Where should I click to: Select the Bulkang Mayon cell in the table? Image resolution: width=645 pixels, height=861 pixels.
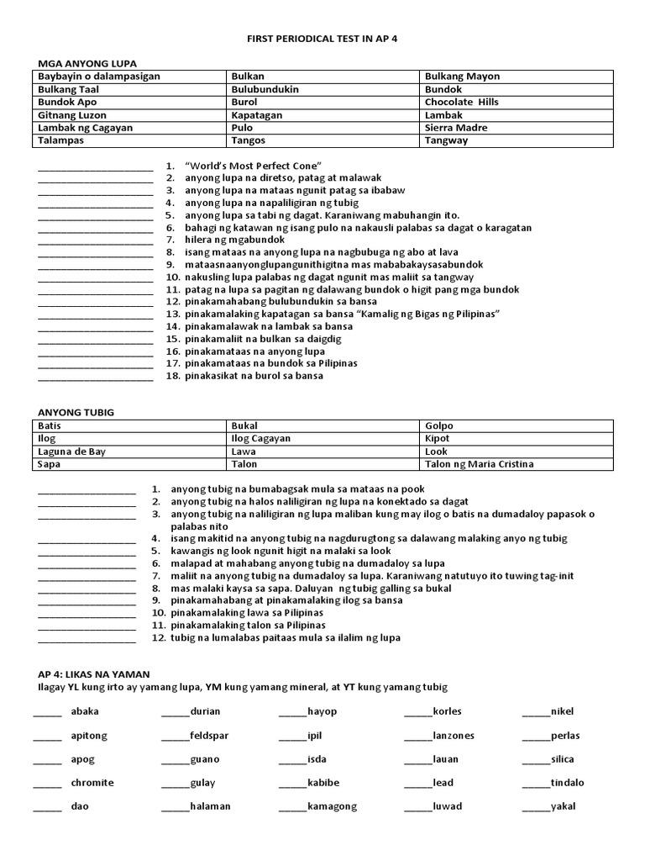tap(462, 77)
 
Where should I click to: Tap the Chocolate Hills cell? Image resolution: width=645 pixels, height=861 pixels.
tap(461, 102)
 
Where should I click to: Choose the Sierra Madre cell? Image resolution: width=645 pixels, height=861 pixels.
tap(456, 128)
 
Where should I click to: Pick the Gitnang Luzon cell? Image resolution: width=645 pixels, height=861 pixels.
tap(72, 115)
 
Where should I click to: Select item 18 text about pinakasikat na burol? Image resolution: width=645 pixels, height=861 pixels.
tap(254, 376)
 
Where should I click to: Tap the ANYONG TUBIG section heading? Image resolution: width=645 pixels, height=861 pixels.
tap(76, 413)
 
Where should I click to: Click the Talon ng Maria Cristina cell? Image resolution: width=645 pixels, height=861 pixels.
tap(479, 464)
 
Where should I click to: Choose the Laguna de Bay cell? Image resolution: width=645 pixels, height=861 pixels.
tap(71, 452)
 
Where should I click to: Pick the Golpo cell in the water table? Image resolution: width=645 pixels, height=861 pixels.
tap(439, 426)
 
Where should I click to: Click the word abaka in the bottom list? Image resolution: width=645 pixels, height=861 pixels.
tap(86, 711)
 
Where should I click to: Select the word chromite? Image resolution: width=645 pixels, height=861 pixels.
tap(92, 783)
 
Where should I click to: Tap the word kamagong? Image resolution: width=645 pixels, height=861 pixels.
tap(332, 806)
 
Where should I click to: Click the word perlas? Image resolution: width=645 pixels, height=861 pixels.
tap(565, 736)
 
